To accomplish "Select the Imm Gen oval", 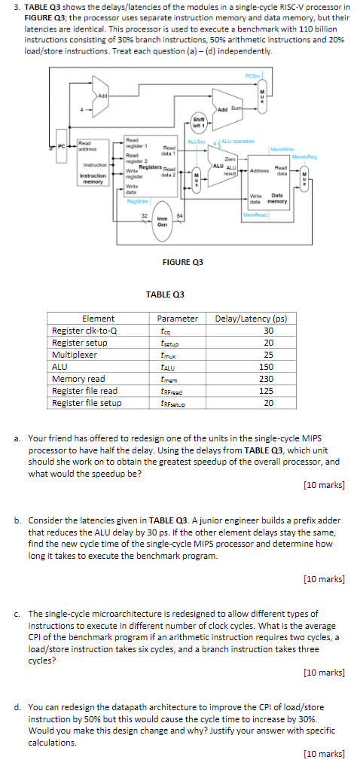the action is click(x=161, y=221).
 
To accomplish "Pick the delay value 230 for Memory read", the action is click(x=267, y=379).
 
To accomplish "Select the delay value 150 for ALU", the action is click(x=267, y=367).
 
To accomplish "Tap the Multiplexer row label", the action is click(x=75, y=355).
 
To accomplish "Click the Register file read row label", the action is click(x=84, y=391).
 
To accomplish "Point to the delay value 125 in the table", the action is click(x=267, y=391).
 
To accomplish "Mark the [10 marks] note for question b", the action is click(x=323, y=578).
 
